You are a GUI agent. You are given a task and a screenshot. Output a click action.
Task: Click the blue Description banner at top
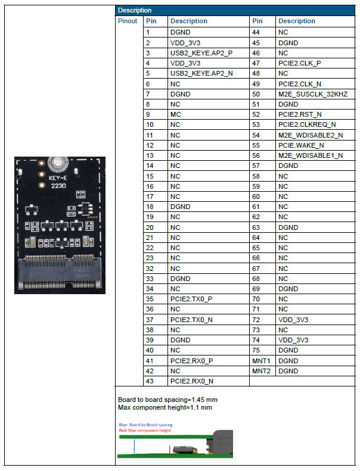point(235,10)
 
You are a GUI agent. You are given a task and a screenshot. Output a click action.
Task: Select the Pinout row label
point(128,21)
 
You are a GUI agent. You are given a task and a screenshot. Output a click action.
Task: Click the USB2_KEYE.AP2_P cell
point(201,53)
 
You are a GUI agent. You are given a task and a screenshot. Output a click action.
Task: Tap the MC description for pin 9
point(176,114)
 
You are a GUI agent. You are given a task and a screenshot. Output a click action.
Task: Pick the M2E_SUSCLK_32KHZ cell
point(313,94)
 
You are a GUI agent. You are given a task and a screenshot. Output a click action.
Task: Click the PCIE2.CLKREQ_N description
point(307,124)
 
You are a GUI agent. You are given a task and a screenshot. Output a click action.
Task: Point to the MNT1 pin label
point(261,361)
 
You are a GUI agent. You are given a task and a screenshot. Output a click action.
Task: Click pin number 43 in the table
point(150,381)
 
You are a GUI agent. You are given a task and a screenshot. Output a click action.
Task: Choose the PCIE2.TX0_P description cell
point(191,299)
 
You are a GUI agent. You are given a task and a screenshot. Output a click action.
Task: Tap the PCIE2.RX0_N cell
point(191,381)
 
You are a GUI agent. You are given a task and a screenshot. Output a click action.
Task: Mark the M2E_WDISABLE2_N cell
point(311,135)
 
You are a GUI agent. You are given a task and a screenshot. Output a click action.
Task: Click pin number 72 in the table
point(256,320)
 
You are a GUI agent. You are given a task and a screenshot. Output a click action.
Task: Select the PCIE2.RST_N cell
point(300,114)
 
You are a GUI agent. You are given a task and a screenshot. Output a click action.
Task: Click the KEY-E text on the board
point(58,178)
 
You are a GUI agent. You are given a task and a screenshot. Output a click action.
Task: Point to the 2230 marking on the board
point(58,186)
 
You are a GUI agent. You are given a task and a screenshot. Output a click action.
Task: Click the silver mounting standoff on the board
point(58,163)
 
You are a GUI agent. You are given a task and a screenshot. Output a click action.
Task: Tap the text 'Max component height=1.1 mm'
point(165,408)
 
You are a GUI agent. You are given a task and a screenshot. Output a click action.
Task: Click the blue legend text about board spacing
point(145,425)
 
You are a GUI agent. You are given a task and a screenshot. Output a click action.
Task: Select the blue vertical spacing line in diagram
point(134,447)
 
